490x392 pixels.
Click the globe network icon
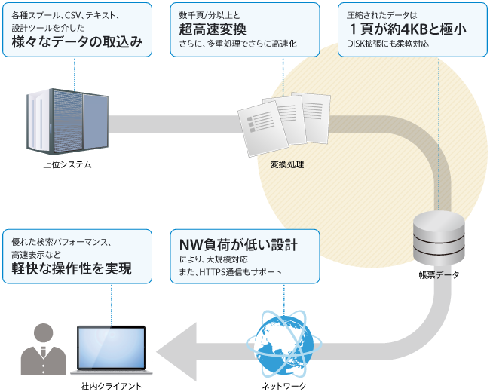[283, 343]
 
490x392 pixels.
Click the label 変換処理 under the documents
[286, 164]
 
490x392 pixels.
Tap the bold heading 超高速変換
[213, 29]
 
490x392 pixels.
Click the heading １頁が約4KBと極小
[405, 29]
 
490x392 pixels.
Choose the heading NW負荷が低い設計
[238, 246]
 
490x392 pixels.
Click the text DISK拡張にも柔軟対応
[397, 44]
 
